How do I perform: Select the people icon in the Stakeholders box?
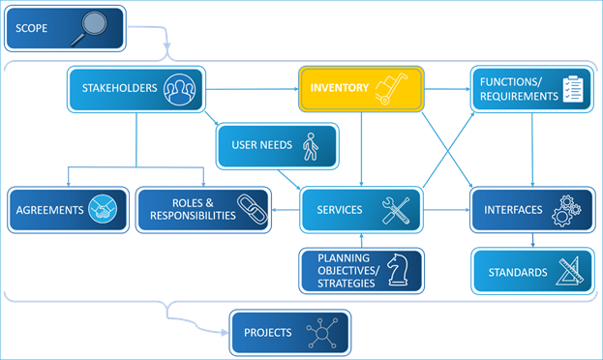click(x=179, y=89)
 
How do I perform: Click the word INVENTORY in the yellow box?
click(x=339, y=88)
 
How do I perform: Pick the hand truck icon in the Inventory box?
click(x=391, y=89)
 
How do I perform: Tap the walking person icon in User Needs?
click(x=310, y=146)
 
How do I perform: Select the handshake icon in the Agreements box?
click(x=103, y=209)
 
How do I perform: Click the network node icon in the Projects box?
click(x=323, y=334)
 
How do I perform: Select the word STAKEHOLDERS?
click(x=118, y=88)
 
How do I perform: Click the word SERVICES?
click(x=339, y=210)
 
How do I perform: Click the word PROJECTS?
click(x=267, y=333)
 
